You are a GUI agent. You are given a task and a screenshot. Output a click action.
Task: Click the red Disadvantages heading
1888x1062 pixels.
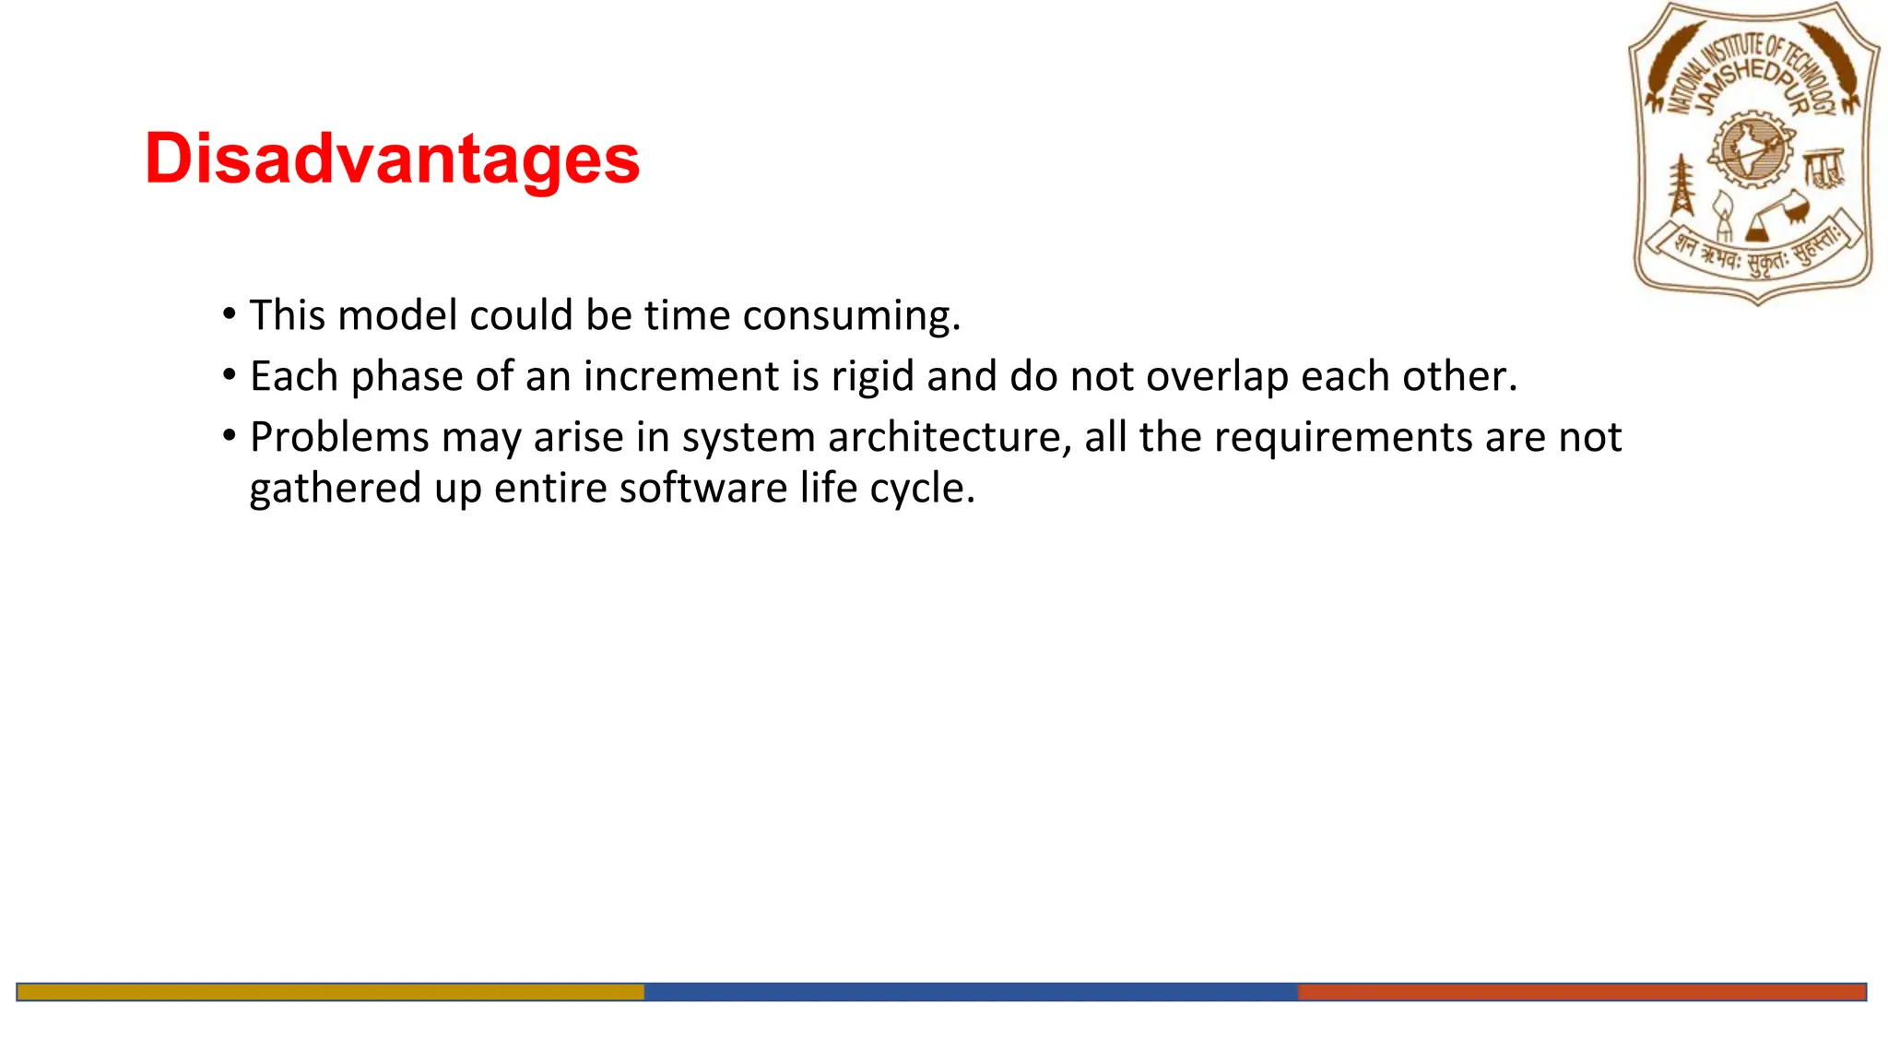coord(392,159)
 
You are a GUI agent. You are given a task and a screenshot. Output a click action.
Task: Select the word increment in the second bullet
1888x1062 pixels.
coord(681,376)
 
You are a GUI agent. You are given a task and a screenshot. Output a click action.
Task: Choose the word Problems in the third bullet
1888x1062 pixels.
coord(339,437)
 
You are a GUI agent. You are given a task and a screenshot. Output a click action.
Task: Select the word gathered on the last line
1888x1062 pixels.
coord(335,489)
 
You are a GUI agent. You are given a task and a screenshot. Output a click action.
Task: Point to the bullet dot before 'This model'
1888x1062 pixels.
coord(229,313)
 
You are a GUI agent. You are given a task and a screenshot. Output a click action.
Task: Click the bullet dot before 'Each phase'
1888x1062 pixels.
coord(229,374)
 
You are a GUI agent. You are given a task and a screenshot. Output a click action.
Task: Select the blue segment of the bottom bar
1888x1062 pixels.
coord(970,992)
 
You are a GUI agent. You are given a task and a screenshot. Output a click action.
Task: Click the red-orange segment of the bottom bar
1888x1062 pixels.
coord(1581,992)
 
